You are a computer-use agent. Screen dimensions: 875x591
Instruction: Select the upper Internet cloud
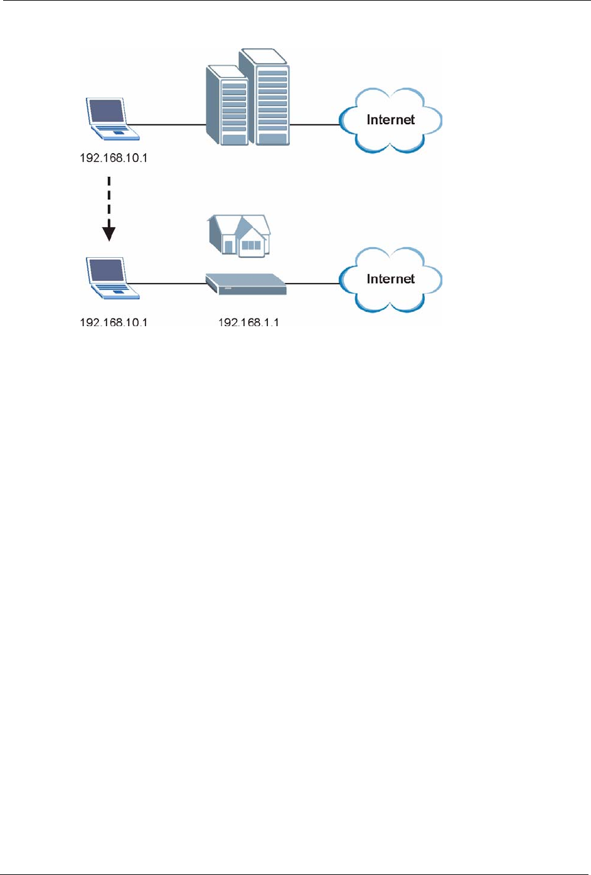(x=390, y=120)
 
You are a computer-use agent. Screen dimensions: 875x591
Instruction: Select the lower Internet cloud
(x=390, y=280)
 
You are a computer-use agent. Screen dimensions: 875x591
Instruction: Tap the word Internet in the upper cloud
(x=390, y=120)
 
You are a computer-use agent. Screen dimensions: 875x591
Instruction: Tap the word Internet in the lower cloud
(x=390, y=279)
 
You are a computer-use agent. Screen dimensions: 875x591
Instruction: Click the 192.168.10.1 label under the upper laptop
(x=114, y=157)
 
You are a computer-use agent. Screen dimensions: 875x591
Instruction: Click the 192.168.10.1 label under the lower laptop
(x=114, y=322)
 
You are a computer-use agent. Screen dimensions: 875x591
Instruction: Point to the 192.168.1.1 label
(x=248, y=322)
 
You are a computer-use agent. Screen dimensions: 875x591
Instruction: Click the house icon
(x=239, y=235)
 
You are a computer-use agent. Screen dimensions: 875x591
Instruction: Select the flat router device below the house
(x=246, y=284)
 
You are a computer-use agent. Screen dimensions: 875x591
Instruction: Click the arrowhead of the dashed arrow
(x=109, y=233)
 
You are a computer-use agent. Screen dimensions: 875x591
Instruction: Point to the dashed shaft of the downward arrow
(x=109, y=198)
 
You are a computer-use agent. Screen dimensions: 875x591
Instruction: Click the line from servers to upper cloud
(x=314, y=124)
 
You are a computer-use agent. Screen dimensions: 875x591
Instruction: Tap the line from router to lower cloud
(x=312, y=284)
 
